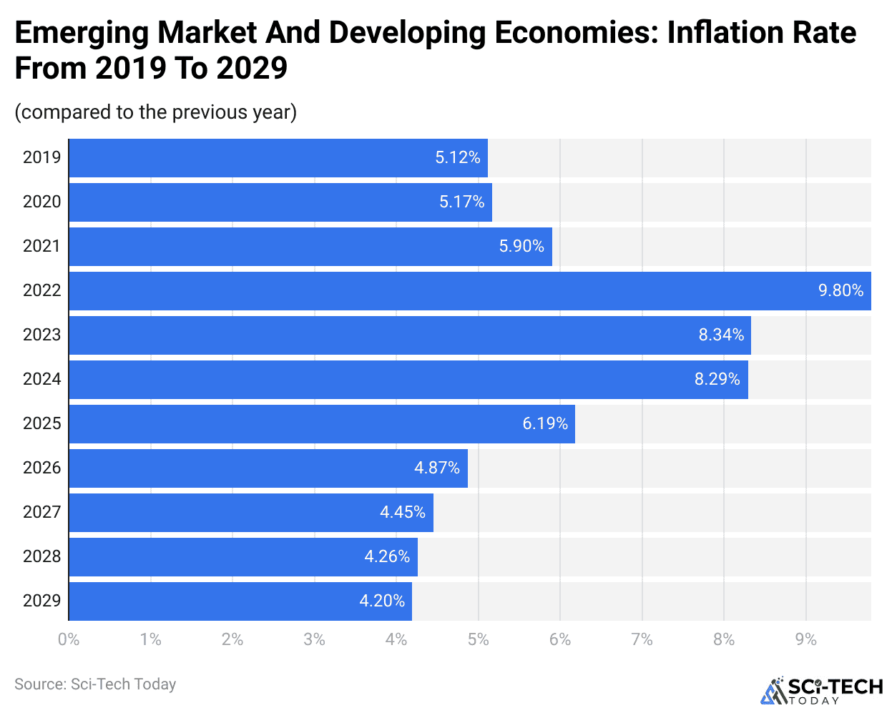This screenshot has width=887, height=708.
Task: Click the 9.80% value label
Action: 841,291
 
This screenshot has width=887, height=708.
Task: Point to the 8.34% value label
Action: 721,335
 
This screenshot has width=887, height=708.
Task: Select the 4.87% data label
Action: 436,468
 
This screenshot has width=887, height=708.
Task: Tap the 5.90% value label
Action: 521,247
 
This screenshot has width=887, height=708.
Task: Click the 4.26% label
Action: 387,557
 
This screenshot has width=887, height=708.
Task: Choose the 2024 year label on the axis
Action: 41,380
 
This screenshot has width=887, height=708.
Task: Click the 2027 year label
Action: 41,513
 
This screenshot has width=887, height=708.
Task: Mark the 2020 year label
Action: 41,202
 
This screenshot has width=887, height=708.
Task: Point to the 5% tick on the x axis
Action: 478,639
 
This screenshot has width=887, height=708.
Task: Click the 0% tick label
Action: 69,639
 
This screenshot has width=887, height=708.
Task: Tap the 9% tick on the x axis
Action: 805,639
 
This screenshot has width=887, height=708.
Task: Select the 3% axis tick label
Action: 314,639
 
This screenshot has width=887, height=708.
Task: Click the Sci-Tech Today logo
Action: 821,690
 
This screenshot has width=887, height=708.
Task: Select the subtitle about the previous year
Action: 156,112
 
